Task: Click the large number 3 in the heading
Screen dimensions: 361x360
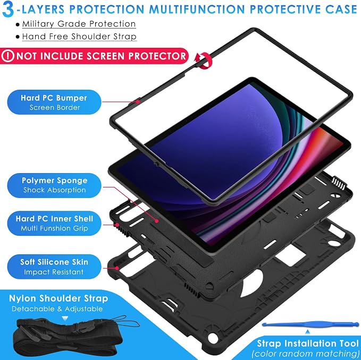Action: point(8,10)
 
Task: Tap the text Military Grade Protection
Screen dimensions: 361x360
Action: point(79,24)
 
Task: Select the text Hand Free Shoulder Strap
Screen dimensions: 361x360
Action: point(79,37)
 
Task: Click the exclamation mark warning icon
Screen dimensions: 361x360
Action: point(7,56)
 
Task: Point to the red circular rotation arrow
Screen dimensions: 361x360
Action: point(203,60)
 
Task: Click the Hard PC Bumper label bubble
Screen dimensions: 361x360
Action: point(54,102)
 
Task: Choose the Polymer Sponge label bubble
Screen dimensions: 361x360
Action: point(54,185)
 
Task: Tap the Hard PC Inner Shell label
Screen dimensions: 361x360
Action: point(54,223)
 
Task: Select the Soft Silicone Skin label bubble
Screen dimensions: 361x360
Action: point(54,267)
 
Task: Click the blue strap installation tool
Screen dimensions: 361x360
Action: point(310,324)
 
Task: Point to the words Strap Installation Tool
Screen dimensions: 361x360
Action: point(308,343)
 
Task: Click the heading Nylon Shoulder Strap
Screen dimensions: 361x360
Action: point(58,298)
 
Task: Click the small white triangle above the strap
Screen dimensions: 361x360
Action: point(65,319)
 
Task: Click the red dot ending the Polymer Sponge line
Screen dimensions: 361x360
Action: point(157,221)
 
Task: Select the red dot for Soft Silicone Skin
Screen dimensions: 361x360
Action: point(117,268)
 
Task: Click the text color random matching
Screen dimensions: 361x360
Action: point(306,353)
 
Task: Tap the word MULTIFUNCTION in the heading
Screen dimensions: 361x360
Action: point(197,9)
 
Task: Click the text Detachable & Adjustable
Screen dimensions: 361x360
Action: point(57,308)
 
